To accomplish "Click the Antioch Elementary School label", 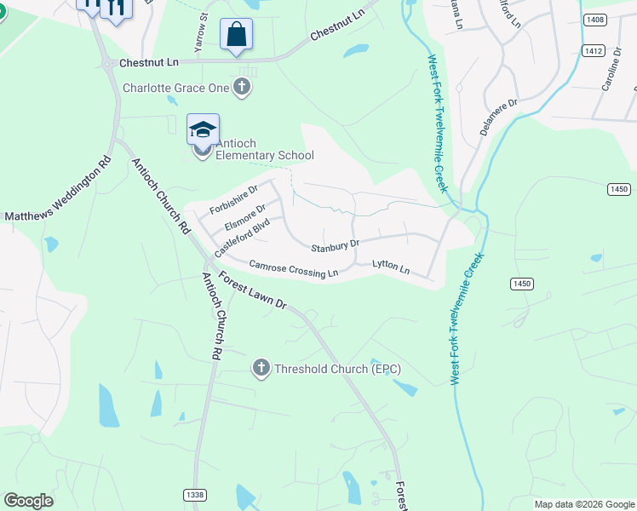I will click(x=264, y=149).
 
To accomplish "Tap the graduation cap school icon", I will click(x=204, y=129).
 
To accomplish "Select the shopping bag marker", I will click(x=236, y=35).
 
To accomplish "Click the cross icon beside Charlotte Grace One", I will click(x=243, y=87).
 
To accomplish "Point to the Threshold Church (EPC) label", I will click(x=337, y=369).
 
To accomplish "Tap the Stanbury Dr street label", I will click(x=335, y=247).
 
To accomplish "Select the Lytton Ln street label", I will click(x=391, y=267).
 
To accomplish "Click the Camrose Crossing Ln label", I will click(x=294, y=269).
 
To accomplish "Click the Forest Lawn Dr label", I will click(x=253, y=291).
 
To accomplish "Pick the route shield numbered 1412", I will click(x=594, y=52).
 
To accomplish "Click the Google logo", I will click(x=28, y=501).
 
